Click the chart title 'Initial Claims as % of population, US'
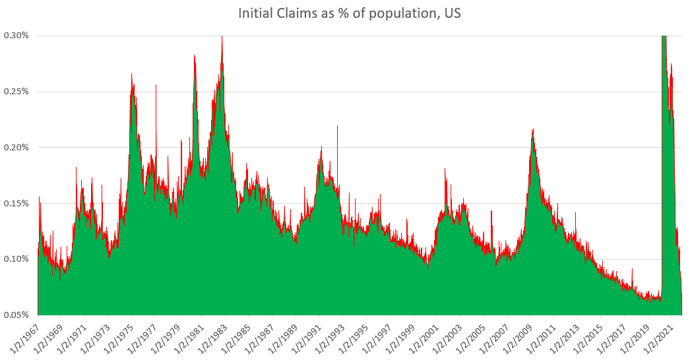click(346, 13)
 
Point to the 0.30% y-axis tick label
click(17, 36)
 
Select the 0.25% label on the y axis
click(17, 92)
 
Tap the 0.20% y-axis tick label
click(17, 147)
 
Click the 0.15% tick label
click(17, 203)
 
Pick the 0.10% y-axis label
click(17, 259)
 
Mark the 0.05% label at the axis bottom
click(17, 315)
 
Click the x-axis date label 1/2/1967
click(24, 335)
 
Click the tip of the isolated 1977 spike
click(156, 85)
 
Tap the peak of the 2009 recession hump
click(532, 130)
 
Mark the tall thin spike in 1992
click(337, 126)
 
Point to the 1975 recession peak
click(131, 74)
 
